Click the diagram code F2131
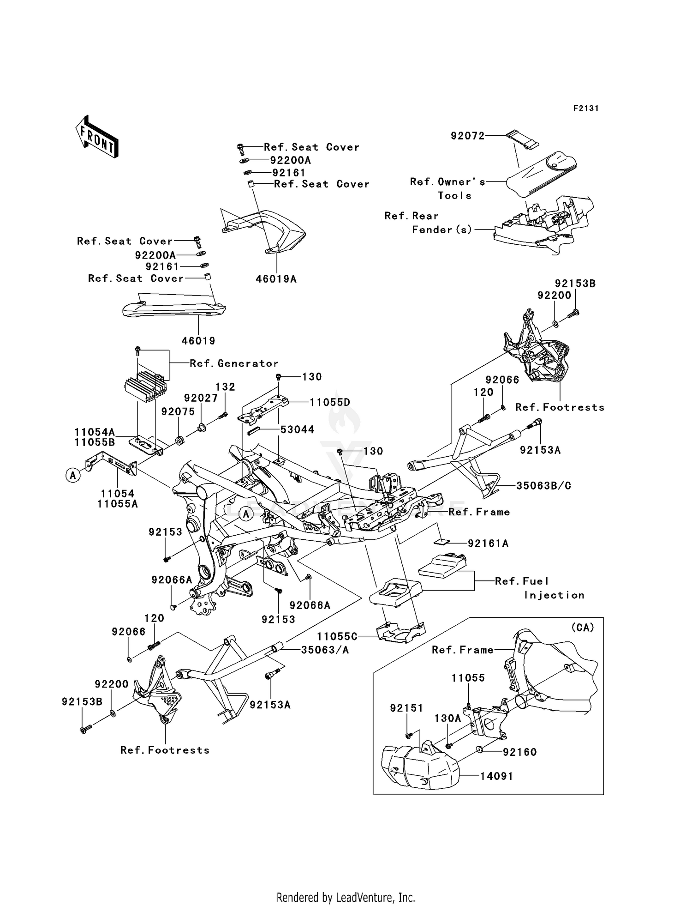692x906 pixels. pos(585,109)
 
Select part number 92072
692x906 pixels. pos(467,136)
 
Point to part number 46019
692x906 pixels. pos(198,341)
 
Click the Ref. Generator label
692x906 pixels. pos(234,363)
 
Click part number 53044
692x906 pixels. pos(298,429)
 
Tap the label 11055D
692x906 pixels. pos(329,402)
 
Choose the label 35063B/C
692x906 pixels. pos(543,486)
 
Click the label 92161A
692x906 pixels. pos(488,544)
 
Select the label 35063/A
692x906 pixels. pos(325,650)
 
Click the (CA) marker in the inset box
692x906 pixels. pos(582,628)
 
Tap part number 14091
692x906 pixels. pos(496,776)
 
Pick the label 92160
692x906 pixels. pos(519,752)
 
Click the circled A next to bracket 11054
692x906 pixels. pos(73,475)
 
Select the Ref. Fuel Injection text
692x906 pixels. pos(539,588)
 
